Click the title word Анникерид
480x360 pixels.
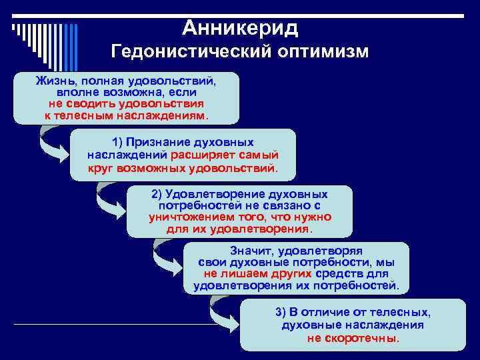[239, 27]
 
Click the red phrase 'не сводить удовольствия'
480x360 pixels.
[126, 104]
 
